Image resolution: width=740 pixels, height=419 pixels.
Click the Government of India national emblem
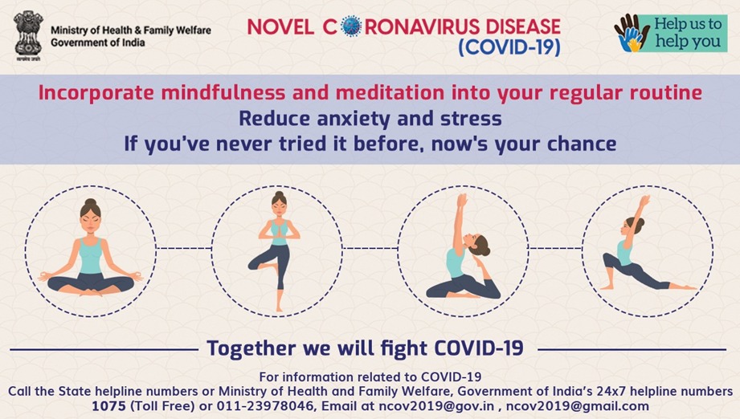pyautogui.click(x=28, y=36)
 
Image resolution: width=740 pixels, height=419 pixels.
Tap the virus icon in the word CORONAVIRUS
pyautogui.click(x=350, y=26)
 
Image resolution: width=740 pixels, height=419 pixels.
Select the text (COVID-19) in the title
pyautogui.click(x=509, y=47)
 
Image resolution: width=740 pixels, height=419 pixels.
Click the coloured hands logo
pyautogui.click(x=632, y=33)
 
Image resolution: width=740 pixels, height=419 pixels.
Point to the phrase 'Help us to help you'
pyautogui.click(x=688, y=33)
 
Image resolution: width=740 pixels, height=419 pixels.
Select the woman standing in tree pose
pyautogui.click(x=277, y=250)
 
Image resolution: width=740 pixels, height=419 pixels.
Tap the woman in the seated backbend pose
pyautogui.click(x=463, y=247)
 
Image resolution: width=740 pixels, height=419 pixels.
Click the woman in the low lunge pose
pyautogui.click(x=647, y=244)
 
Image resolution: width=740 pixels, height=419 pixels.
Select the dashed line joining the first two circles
pyautogui.click(x=184, y=248)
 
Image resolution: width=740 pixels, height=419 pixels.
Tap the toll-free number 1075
pyautogui.click(x=108, y=406)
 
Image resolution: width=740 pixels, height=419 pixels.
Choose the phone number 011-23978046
pyautogui.click(x=265, y=406)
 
